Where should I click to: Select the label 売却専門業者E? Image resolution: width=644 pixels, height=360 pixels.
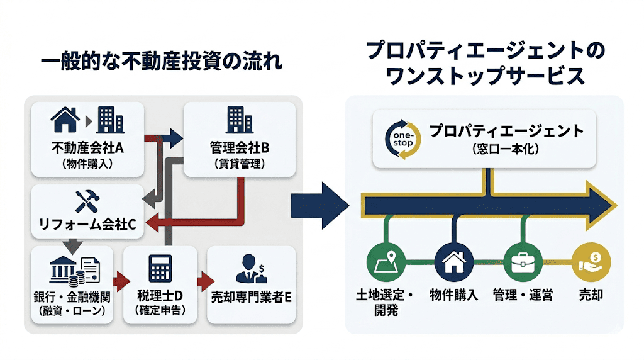(251, 296)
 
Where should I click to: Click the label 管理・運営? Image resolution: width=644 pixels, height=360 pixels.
(523, 295)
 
